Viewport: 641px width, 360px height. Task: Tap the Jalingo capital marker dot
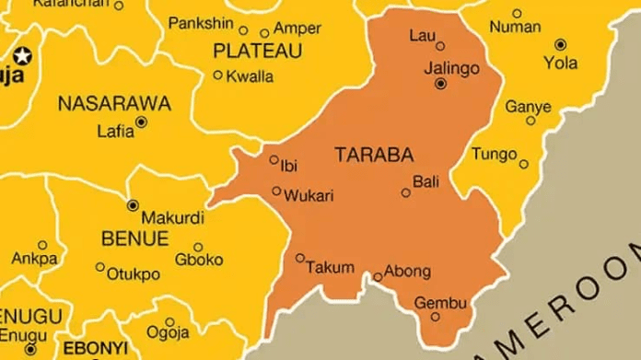(x=440, y=84)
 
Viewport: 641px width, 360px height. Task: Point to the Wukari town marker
(x=276, y=192)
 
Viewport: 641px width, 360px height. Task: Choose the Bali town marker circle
(x=406, y=192)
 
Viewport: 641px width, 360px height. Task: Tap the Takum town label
(x=330, y=268)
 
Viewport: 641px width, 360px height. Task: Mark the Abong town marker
(x=377, y=276)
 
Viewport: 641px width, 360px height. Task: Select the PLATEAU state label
(x=257, y=51)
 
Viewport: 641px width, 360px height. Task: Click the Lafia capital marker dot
(x=141, y=121)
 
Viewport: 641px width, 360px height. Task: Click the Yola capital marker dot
(x=560, y=43)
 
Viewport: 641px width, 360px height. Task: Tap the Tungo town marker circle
(x=524, y=165)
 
